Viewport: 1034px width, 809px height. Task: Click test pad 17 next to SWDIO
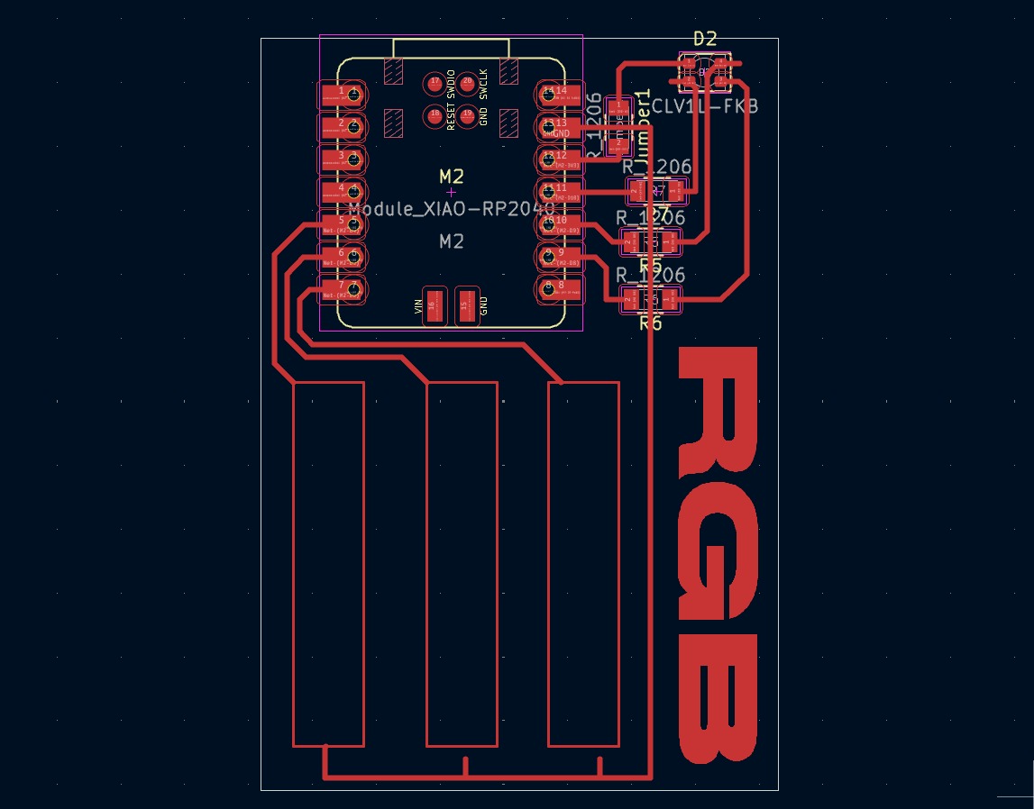point(435,82)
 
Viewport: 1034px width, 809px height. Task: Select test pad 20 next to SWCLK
point(467,82)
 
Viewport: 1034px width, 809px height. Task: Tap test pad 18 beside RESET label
point(435,114)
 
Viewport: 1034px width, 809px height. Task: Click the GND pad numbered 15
point(465,305)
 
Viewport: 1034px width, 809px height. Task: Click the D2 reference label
point(705,39)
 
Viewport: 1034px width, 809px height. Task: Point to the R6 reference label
point(651,323)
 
